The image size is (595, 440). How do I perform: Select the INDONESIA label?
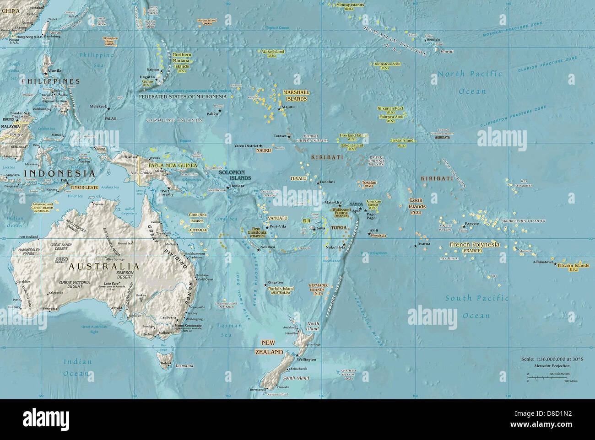pos(59,174)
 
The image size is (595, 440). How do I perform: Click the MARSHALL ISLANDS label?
pos(296,96)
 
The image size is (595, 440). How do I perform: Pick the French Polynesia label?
pos(475,245)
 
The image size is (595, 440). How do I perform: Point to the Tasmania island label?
pos(184,366)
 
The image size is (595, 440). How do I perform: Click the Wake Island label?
pos(273,52)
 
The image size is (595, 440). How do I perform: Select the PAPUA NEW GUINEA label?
pos(173,165)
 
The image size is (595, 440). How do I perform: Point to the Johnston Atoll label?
pos(387,64)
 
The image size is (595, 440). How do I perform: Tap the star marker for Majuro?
pos(278,109)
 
